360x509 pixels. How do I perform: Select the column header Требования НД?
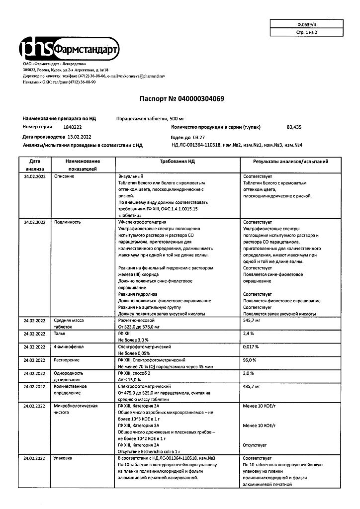pyautogui.click(x=177, y=162)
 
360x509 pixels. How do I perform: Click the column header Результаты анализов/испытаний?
pyautogui.click(x=291, y=162)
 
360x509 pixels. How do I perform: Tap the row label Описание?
pyautogui.click(x=65, y=177)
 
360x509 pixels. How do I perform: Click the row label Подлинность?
pyautogui.click(x=68, y=222)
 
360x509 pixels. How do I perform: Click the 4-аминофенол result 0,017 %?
pyautogui.click(x=251, y=347)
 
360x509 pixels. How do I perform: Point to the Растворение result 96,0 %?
pyautogui.click(x=250, y=360)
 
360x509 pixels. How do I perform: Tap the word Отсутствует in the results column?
pyautogui.click(x=256, y=445)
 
